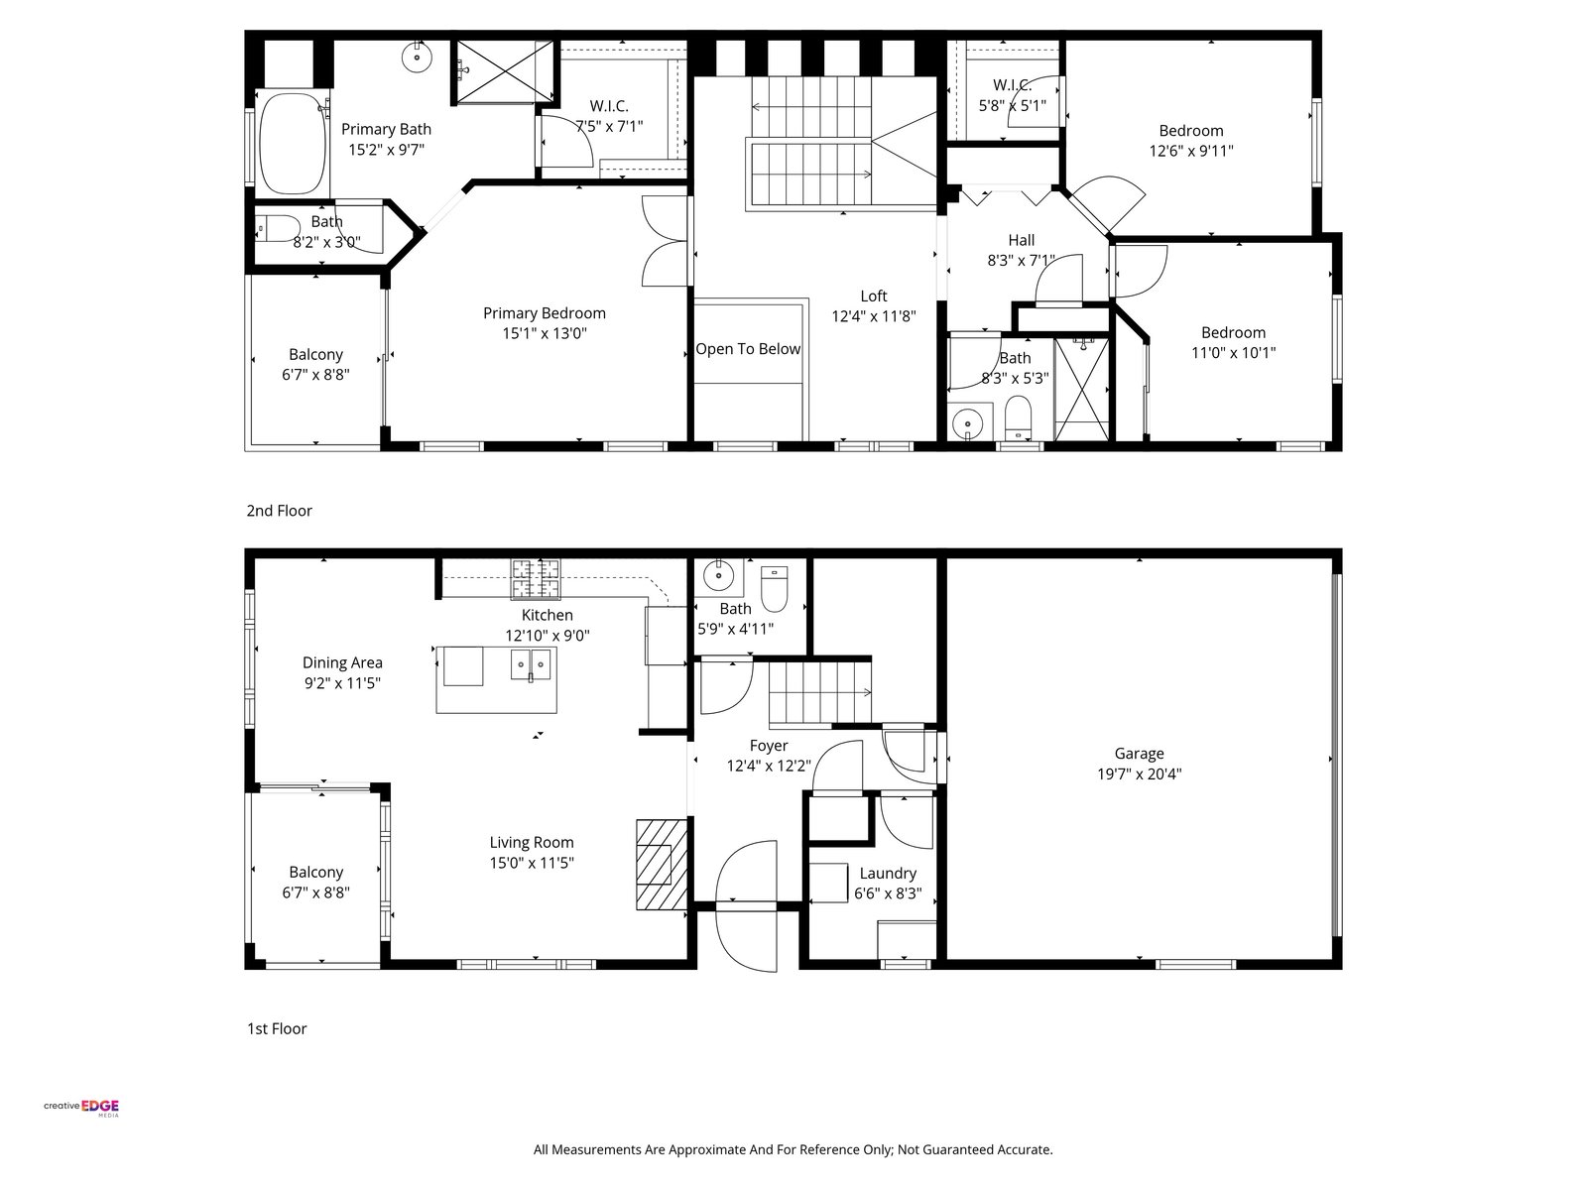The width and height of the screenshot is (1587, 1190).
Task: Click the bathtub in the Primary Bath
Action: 292,143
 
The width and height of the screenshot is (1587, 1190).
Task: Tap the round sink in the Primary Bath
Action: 418,58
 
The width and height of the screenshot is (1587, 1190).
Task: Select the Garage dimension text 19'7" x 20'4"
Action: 1139,773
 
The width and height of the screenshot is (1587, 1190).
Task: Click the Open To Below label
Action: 748,349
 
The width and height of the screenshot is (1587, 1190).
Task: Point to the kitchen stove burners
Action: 536,579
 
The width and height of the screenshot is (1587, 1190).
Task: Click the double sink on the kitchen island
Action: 530,664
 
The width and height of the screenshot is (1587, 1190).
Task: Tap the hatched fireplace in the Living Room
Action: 661,864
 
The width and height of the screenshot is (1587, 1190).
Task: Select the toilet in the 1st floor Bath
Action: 774,588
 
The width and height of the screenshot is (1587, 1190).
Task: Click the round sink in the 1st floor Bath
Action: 718,576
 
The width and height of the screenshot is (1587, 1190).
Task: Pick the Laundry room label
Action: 887,873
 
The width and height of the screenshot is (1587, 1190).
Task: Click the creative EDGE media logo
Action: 81,1107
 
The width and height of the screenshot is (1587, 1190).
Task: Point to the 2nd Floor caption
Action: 279,511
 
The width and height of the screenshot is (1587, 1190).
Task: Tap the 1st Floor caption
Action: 277,1028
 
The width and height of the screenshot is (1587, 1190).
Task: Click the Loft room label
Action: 874,296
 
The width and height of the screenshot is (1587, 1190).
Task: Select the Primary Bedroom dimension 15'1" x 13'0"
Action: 545,333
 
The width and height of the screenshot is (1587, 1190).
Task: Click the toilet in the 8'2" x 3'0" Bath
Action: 278,228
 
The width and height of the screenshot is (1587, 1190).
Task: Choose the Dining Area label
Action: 342,662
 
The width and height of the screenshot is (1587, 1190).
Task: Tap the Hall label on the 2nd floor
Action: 1021,240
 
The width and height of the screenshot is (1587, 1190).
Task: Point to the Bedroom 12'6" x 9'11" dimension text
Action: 1191,151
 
